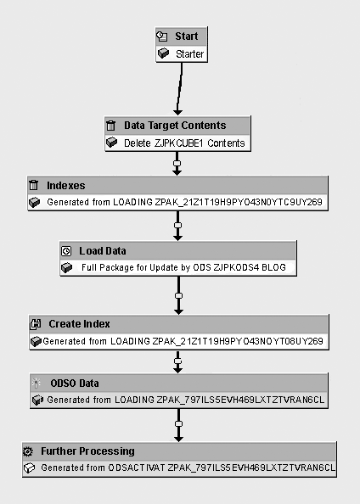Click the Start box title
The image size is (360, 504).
pos(187,36)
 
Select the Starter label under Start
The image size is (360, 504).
pos(190,53)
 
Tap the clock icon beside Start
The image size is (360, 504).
pos(162,36)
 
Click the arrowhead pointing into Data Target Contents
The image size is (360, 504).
pos(177,112)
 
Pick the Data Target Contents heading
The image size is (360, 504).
pos(175,125)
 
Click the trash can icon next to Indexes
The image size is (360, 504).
pos(34,185)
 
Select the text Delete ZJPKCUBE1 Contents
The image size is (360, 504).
pos(184,143)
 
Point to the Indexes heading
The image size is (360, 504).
pos(66,186)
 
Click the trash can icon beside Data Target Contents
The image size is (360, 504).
pos(110,126)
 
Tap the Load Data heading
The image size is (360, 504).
pos(103,250)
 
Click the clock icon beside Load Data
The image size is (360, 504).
pos(66,251)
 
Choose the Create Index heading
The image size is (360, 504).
pos(80,323)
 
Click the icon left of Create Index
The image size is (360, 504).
pos(36,324)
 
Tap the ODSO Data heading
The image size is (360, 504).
pos(75,384)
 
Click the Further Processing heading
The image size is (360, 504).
pos(87,451)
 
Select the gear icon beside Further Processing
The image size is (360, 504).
pos(28,451)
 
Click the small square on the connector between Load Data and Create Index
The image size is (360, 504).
pos(178,296)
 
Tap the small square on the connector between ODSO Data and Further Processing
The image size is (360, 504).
pos(178,423)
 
